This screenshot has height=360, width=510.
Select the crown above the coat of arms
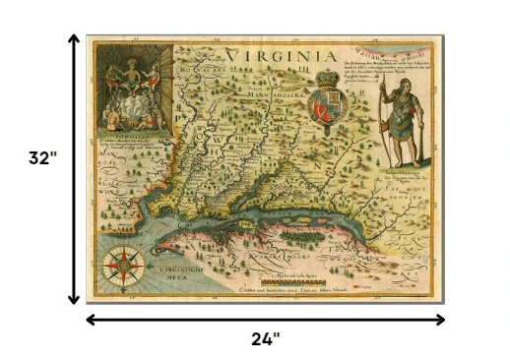[x=326, y=76]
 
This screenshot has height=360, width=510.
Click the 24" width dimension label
[x=263, y=339]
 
